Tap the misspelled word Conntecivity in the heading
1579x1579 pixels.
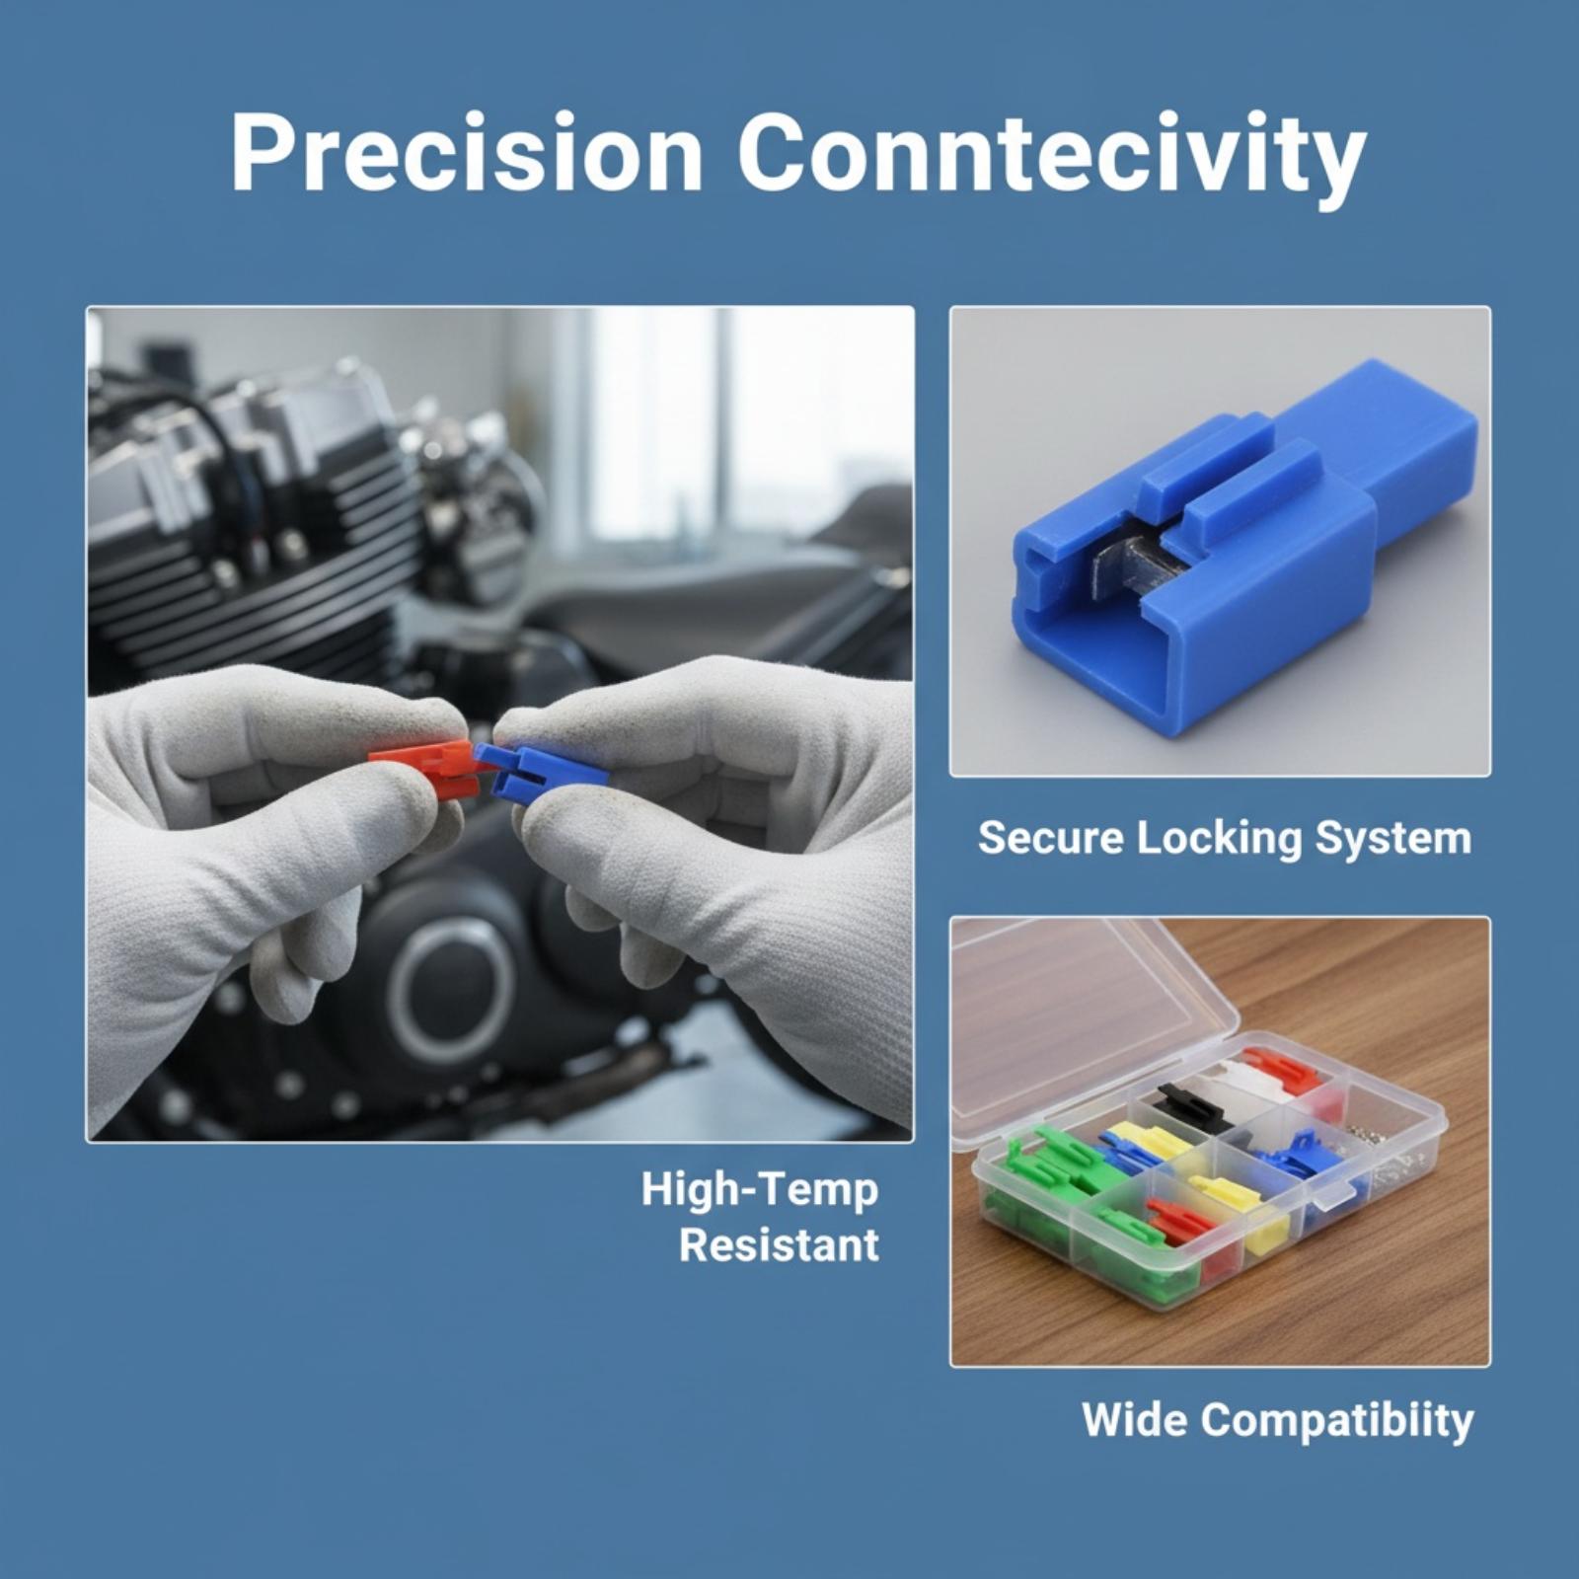[x=1050, y=158]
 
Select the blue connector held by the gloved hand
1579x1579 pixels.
[x=543, y=770]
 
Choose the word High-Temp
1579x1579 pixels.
[x=760, y=1191]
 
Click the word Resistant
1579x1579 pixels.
[x=779, y=1245]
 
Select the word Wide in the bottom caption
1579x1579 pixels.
[x=1134, y=1419]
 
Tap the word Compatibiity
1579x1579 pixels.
[x=1337, y=1422]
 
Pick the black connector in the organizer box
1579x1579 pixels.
[x=1195, y=1106]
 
